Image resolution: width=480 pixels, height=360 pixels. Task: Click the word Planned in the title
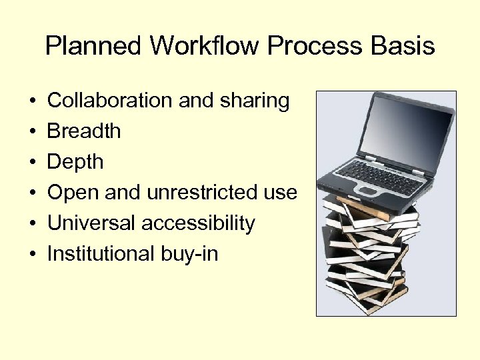[x=94, y=47]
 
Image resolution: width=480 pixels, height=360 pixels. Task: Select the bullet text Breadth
[x=84, y=131]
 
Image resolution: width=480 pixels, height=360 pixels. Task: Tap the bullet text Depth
[x=75, y=162]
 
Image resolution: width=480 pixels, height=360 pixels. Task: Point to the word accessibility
[x=198, y=223]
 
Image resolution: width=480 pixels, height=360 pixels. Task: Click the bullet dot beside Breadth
[x=33, y=132]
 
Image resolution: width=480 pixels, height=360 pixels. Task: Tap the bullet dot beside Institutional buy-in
[x=33, y=255]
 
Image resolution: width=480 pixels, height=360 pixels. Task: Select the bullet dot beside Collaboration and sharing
[x=33, y=101]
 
